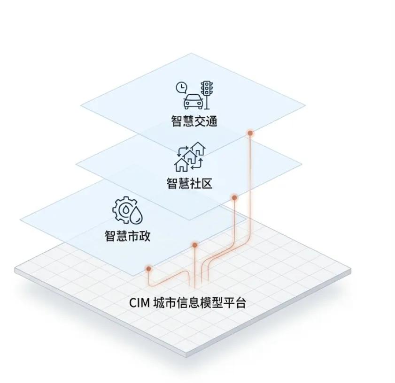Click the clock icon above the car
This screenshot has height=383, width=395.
tap(181, 87)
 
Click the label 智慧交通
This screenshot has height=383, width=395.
tap(194, 121)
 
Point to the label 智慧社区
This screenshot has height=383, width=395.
tap(189, 182)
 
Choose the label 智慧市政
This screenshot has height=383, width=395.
tap(127, 235)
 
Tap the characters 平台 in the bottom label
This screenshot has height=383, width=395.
tap(235, 303)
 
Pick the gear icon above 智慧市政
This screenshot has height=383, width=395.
tap(123, 209)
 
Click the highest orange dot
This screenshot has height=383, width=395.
tap(250, 133)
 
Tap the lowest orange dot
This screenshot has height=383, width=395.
tap(148, 269)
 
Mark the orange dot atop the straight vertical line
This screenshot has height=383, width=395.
tap(194, 245)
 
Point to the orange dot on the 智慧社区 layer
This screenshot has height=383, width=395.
tap(234, 197)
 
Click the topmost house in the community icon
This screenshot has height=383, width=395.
tap(199, 149)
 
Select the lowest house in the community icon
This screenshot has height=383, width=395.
tap(181, 164)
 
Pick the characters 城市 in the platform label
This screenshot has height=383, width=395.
tap(164, 303)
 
